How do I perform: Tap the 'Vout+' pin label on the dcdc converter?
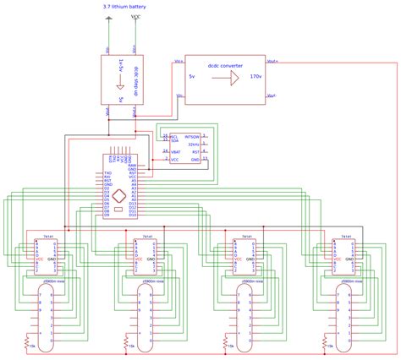(273, 61)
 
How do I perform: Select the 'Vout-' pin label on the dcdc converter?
(272, 96)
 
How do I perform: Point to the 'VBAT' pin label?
(174, 151)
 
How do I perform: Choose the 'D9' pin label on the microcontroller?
(107, 215)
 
